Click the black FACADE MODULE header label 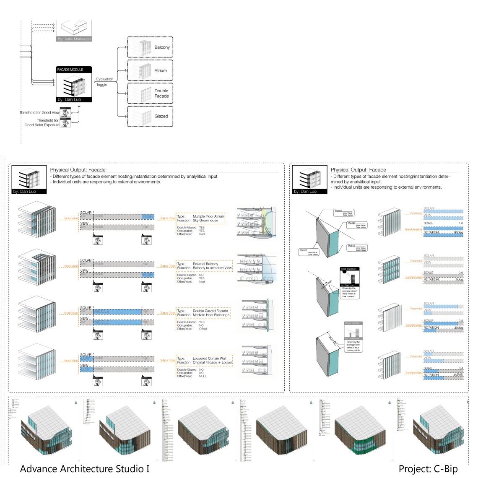pyautogui.click(x=70, y=70)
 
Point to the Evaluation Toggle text pyautogui.click(x=104, y=82)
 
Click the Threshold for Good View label pyautogui.click(x=39, y=112)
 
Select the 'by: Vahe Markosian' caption pyautogui.click(x=74, y=39)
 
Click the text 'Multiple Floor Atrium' pyautogui.click(x=208, y=216)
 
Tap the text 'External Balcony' pyautogui.click(x=205, y=264)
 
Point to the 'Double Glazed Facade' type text pyautogui.click(x=210, y=311)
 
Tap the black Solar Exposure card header pyautogui.click(x=349, y=269)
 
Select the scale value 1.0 pyautogui.click(x=460, y=223)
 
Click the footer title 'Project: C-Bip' pyautogui.click(x=428, y=469)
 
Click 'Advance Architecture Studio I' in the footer pyautogui.click(x=85, y=469)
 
